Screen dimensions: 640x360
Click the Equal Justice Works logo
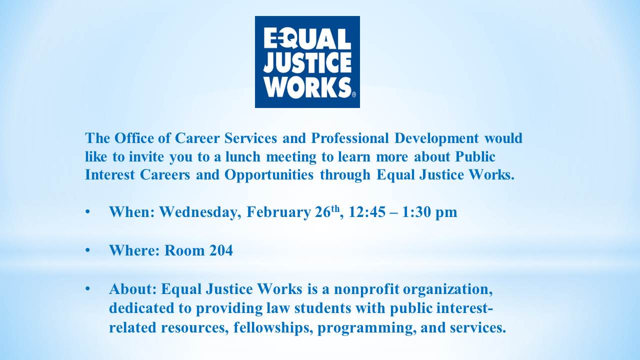[x=307, y=62]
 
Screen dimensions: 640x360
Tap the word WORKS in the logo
[x=307, y=87]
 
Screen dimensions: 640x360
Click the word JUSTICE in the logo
[x=307, y=63]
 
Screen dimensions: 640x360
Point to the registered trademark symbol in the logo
[x=354, y=94]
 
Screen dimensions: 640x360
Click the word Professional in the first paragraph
[x=350, y=138]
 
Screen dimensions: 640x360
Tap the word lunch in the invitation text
[x=243, y=156]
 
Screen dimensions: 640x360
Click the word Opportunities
[x=269, y=175]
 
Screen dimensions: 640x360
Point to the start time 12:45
[x=367, y=212]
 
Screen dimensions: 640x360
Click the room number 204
[x=221, y=250]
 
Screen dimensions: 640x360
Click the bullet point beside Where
[x=87, y=250]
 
